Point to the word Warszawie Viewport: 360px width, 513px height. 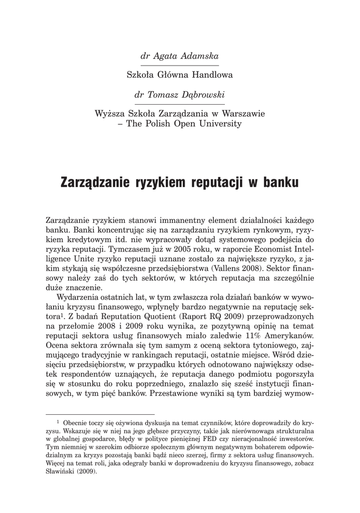pyautogui.click(x=243, y=114)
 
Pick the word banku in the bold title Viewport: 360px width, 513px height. pyautogui.click(x=279, y=181)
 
